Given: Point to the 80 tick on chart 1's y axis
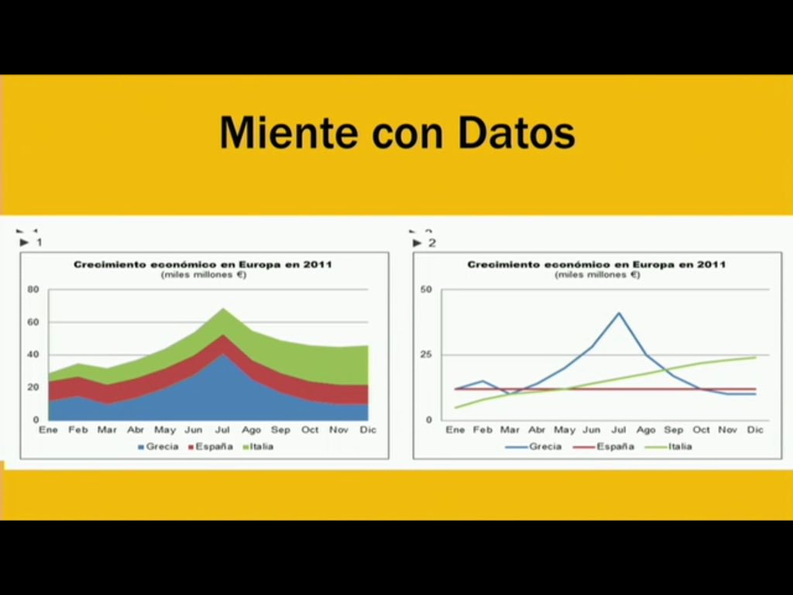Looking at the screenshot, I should tap(33, 290).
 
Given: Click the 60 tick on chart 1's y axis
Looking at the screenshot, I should tap(33, 322).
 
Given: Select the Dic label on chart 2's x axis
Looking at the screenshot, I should tap(755, 430).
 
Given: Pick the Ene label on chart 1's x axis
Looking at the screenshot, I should tap(48, 430).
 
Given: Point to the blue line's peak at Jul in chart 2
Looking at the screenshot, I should tap(619, 313).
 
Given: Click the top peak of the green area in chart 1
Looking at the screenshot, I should tap(224, 309).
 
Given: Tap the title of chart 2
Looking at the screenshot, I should tap(596, 264).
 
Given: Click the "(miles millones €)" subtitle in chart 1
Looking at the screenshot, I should tap(204, 274).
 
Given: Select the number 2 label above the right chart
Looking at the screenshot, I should tap(432, 243).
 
